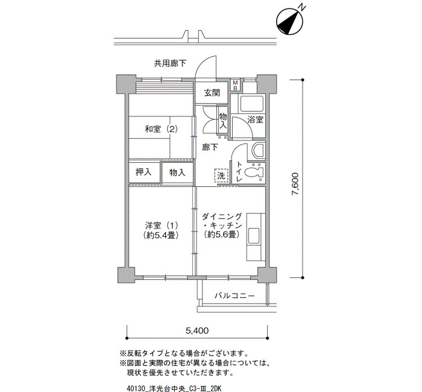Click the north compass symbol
pos(290,22)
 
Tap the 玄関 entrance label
pos(212,93)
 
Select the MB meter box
pos(235,85)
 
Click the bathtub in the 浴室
pos(251,103)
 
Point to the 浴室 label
pos(255,119)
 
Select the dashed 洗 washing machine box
pos(221,176)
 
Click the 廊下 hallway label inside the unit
pos(210,147)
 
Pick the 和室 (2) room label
pos(161,130)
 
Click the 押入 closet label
pos(143,172)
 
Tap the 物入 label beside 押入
pos(177,172)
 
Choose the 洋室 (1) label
pos(161,225)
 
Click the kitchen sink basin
pos(254,236)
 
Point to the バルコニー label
pos(235,296)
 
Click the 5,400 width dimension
pos(197,330)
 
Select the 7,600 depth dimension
pos(295,184)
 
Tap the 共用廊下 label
pos(170,63)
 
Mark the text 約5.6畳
pos(221,235)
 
